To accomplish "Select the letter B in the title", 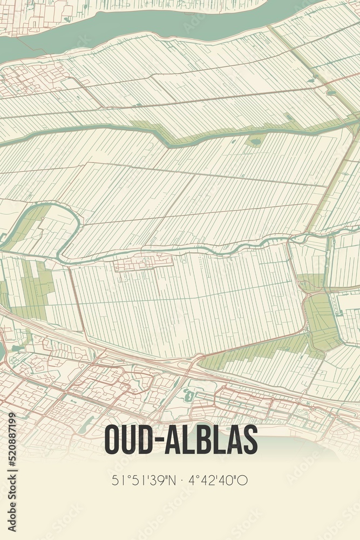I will [x=208, y=440].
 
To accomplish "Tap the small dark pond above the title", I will [x=189, y=396].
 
